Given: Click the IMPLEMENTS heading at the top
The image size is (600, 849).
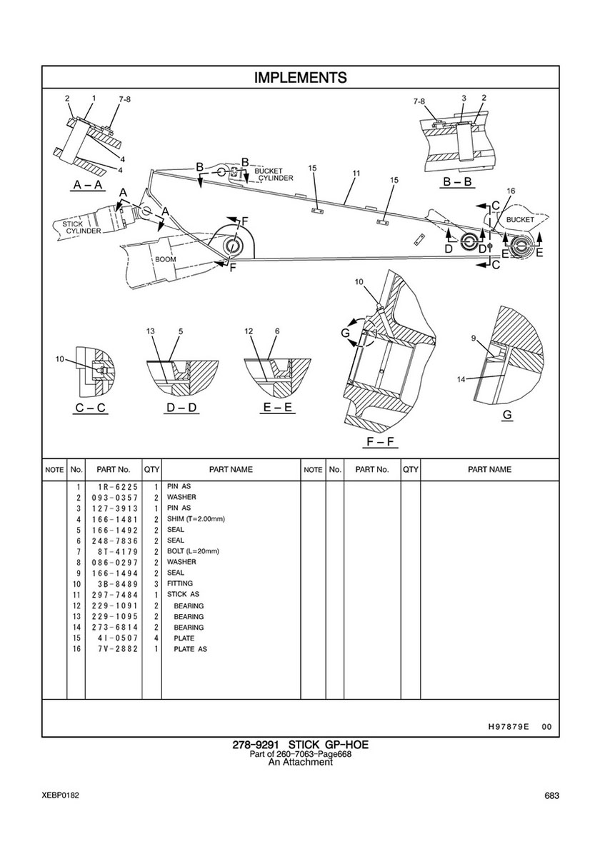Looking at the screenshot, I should pos(300,77).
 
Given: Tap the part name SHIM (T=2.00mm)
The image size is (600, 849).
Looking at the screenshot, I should pos(196,518).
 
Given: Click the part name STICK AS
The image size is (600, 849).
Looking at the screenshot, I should pos(183,594).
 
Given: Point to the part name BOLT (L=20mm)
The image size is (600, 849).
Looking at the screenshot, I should pos(193,551).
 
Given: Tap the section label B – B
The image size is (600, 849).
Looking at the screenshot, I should pos(458,182).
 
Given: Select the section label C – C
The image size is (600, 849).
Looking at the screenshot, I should pos(91,408).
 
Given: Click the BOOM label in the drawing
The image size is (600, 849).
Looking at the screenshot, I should pos(166,259).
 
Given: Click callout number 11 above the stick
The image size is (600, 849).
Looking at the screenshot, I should pos(356,174).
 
